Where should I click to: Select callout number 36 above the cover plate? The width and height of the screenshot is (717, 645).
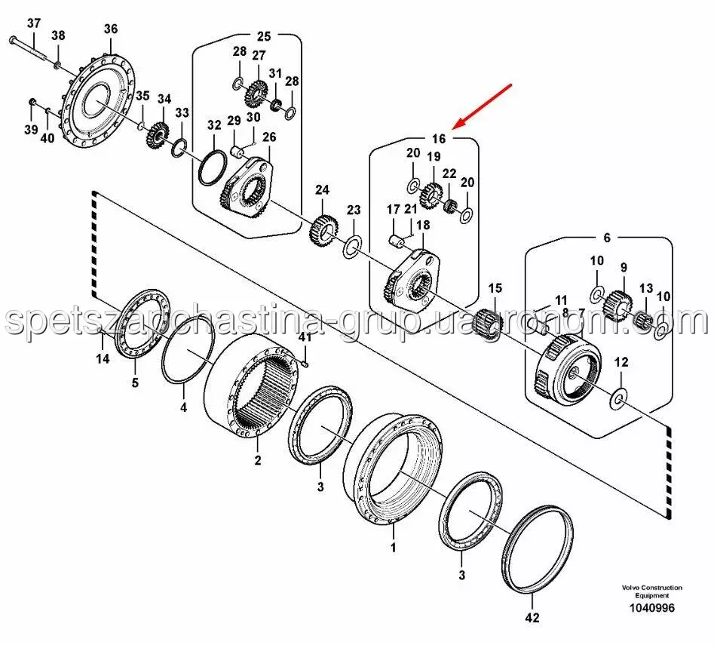tap(111, 29)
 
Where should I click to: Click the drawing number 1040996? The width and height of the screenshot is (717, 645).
tap(653, 608)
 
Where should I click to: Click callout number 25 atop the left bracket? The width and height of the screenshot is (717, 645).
tap(263, 36)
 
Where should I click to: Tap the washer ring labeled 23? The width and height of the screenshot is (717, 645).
tap(352, 247)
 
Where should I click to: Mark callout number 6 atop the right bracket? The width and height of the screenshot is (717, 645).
tap(608, 237)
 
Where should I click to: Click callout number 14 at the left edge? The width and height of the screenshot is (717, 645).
tap(103, 359)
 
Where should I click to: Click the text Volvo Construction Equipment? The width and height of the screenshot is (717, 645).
tap(652, 591)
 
